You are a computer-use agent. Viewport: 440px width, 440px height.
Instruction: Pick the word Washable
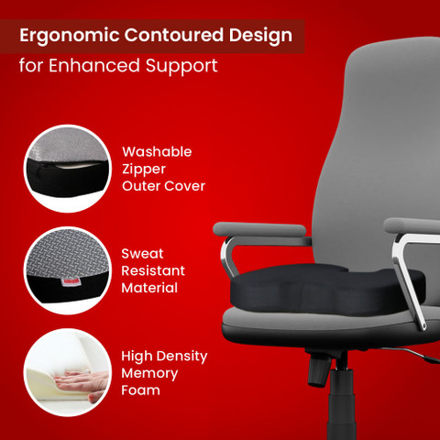click(x=157, y=152)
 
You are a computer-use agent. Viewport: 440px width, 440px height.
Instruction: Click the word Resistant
click(x=154, y=271)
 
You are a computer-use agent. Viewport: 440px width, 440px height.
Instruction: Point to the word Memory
click(x=149, y=373)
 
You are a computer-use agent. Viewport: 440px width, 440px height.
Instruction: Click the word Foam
click(x=141, y=390)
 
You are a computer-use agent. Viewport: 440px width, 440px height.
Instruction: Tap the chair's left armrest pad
click(x=259, y=229)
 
